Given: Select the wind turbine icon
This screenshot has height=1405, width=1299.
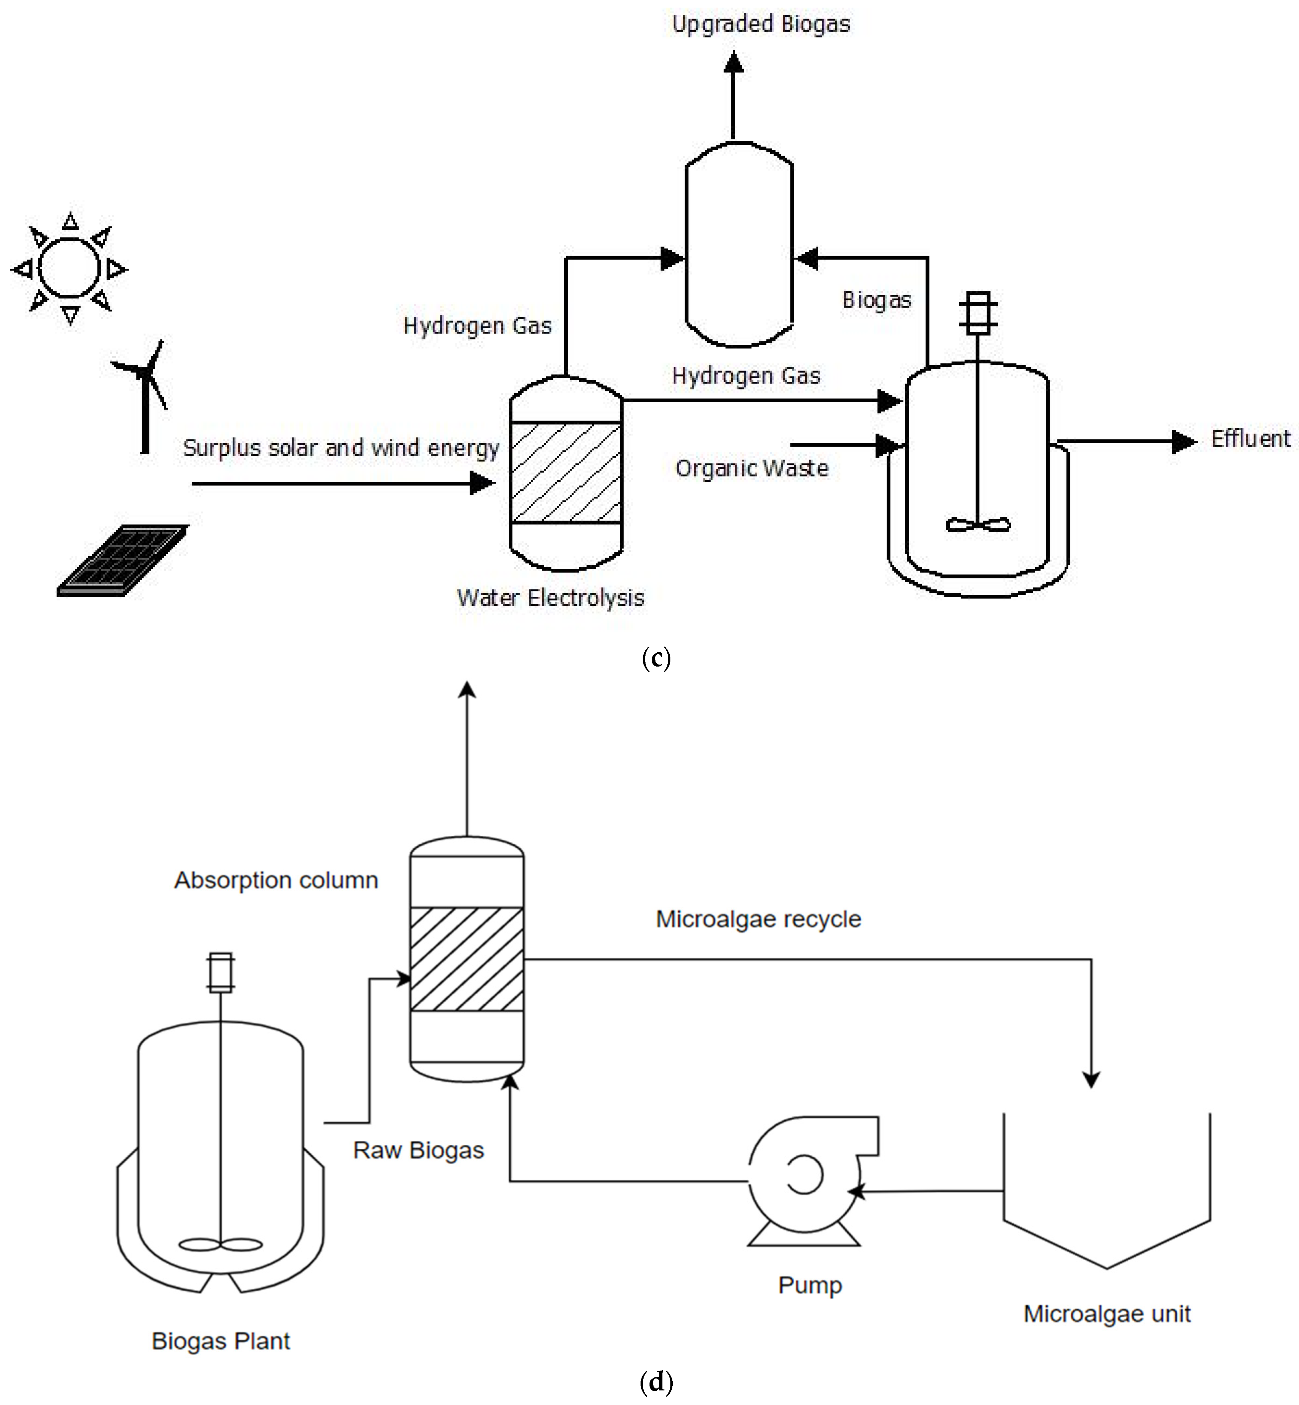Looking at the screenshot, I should [144, 393].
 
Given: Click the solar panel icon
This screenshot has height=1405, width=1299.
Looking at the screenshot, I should [123, 560].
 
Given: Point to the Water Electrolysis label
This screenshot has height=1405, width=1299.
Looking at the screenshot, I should [550, 598].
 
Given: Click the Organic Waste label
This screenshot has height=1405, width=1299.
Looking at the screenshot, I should [752, 469].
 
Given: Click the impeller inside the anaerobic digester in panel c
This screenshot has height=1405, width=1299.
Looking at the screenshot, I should [978, 524].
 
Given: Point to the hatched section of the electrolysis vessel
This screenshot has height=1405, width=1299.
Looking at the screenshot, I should [566, 472].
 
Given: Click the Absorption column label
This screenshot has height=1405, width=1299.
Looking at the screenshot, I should [276, 880].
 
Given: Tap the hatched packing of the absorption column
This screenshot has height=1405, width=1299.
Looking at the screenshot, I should [467, 959].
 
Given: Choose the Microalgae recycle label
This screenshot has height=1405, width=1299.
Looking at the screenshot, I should [759, 919].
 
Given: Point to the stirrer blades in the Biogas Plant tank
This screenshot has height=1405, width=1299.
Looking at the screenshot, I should [221, 1245].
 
